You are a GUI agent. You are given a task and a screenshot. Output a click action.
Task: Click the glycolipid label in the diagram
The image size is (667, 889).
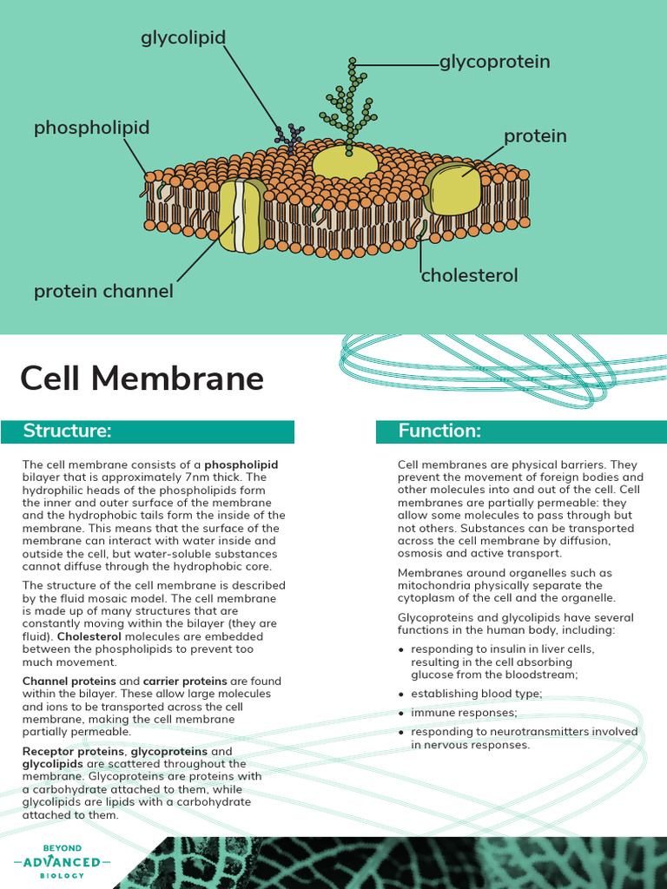[x=183, y=37]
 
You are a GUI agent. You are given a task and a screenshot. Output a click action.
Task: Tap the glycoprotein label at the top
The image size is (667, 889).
[x=494, y=62]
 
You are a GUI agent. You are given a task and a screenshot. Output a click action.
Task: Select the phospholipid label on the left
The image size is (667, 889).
[x=91, y=128]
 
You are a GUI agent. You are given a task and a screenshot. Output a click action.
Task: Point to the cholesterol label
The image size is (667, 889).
[x=469, y=275]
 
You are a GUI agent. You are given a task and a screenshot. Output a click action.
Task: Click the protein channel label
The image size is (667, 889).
[x=103, y=292]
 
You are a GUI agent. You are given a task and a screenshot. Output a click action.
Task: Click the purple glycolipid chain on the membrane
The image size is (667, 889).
[x=289, y=135]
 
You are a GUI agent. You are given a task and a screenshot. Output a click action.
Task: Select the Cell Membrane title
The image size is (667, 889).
[x=142, y=379]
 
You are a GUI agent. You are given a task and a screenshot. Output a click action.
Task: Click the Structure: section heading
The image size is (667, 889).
[x=67, y=431]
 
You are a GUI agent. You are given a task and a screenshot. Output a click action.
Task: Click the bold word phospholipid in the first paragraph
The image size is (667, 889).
[x=241, y=464]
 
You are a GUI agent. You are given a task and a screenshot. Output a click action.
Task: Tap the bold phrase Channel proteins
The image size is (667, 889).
[x=69, y=682]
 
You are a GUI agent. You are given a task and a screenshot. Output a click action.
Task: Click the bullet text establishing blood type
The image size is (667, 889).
[x=476, y=694]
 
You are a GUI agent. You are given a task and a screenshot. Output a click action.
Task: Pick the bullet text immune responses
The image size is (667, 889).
[x=464, y=713]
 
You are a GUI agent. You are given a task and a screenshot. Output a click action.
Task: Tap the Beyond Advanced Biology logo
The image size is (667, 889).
[x=62, y=861]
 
